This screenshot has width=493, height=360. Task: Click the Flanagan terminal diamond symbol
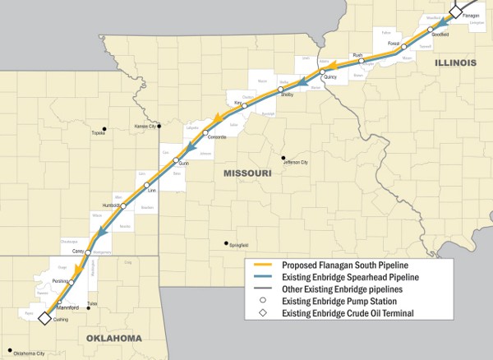click(455, 12)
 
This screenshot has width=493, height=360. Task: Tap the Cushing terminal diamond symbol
click(45, 313)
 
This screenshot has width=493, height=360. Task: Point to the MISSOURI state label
click(247, 173)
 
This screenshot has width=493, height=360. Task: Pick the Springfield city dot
click(225, 242)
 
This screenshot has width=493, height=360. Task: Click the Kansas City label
click(145, 127)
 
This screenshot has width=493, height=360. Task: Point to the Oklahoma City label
click(29, 353)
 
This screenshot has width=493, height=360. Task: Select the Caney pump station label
click(78, 250)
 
